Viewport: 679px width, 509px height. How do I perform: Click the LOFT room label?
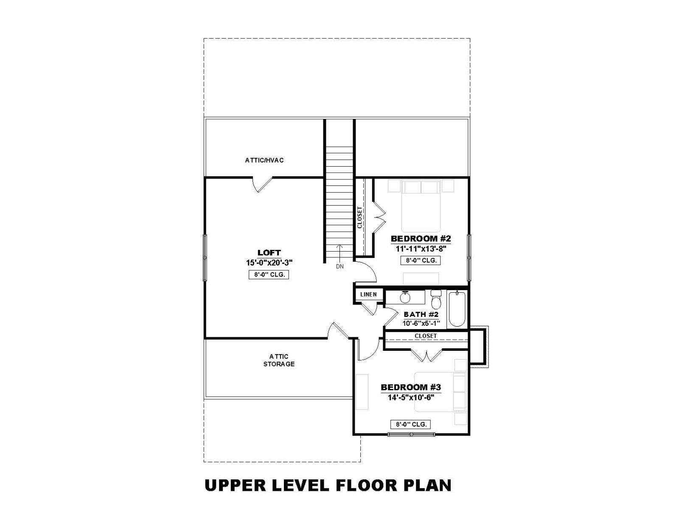[269, 252]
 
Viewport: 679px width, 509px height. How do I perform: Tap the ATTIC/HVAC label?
[264, 160]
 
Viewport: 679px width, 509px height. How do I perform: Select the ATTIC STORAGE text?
[279, 360]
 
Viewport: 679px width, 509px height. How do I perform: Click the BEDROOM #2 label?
[421, 238]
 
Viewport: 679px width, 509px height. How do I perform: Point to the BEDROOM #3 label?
[411, 387]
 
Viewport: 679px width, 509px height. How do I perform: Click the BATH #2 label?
[421, 314]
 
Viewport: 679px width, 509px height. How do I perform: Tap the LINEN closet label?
[368, 294]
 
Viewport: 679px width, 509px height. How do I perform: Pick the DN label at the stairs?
[339, 266]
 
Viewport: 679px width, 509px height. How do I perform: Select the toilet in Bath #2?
[436, 299]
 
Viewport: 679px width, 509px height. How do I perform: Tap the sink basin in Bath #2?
[405, 298]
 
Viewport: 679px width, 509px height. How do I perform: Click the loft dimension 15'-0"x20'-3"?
[269, 263]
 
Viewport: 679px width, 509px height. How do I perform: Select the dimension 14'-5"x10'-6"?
[411, 397]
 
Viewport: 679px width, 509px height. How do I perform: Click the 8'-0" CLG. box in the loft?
[269, 274]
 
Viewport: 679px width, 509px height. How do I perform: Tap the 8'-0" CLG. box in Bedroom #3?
[410, 425]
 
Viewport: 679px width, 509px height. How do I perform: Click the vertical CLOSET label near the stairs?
[359, 217]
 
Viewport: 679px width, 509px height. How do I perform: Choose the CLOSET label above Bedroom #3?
[426, 336]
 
